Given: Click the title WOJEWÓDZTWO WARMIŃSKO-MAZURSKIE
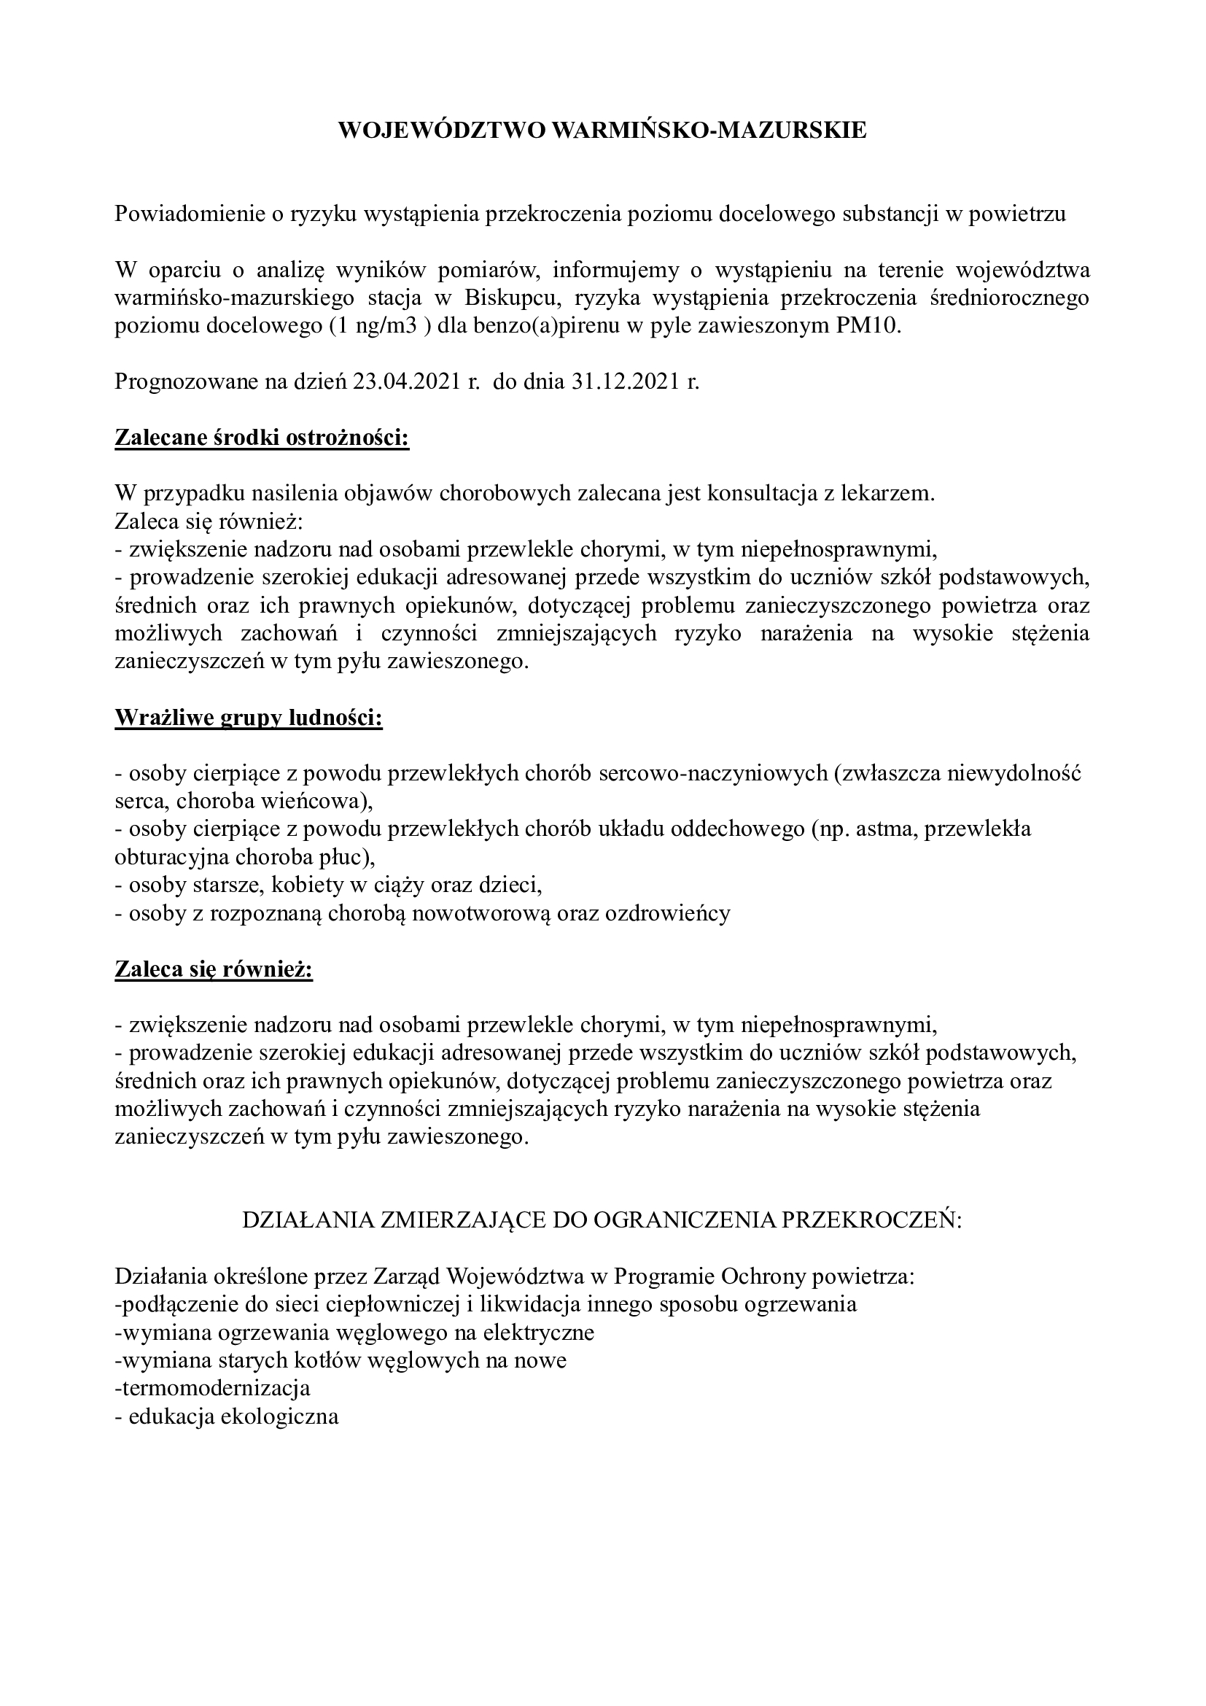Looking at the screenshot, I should [602, 131].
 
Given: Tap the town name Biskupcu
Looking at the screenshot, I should [510, 298].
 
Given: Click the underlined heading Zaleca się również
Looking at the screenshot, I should [214, 969].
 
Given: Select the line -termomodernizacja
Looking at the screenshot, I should [212, 1388].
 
